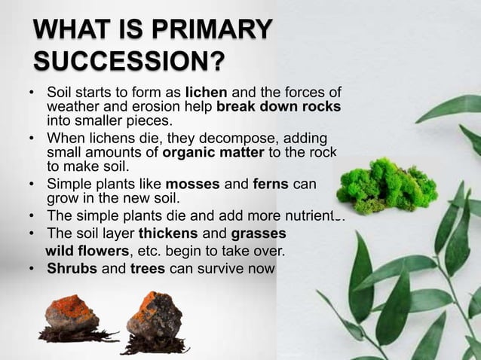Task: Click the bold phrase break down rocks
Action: point(278,107)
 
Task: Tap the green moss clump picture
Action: point(387,185)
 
